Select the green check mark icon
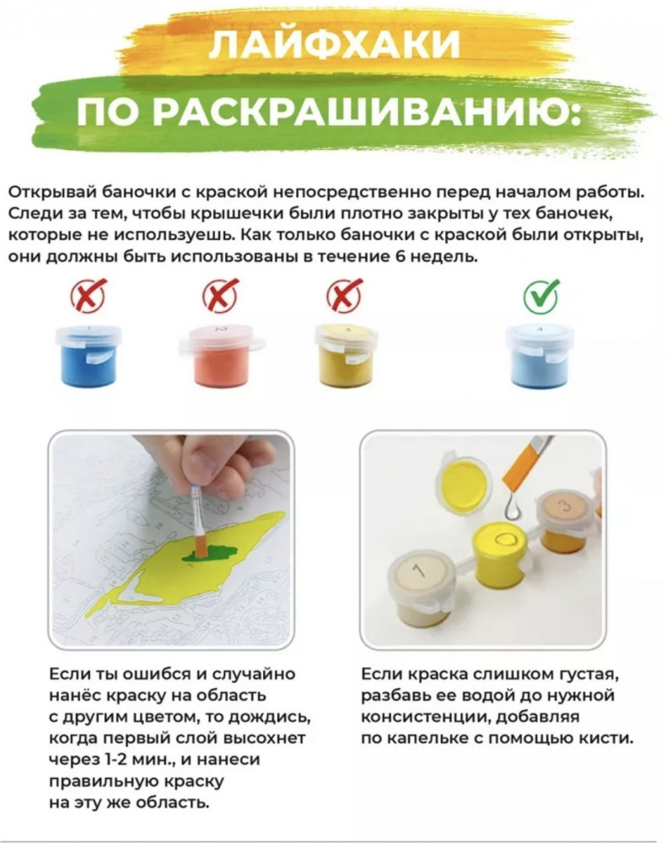pos(540,294)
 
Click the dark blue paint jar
pos(89,355)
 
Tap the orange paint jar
pos(222,355)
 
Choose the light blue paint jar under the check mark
pos(540,355)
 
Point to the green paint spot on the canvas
pos(211,553)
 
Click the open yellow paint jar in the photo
pos(499,554)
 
